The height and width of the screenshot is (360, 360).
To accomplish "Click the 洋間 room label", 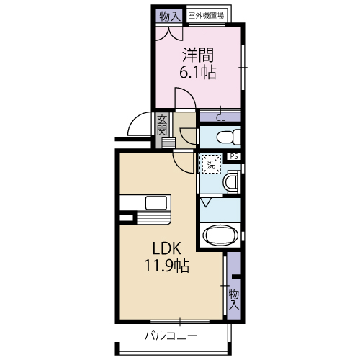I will [x=198, y=55].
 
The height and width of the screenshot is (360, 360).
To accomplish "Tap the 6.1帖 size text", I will [x=198, y=72].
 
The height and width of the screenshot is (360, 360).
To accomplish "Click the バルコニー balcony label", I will [x=171, y=336].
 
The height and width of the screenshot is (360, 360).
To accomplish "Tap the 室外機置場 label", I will [x=206, y=15].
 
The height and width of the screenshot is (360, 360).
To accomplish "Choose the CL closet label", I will [x=220, y=117].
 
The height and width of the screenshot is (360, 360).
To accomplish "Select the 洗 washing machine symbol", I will [x=210, y=166].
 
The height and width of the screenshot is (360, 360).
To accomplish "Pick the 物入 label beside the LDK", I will [x=234, y=298].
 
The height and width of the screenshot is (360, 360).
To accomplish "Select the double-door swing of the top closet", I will [x=171, y=31].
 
